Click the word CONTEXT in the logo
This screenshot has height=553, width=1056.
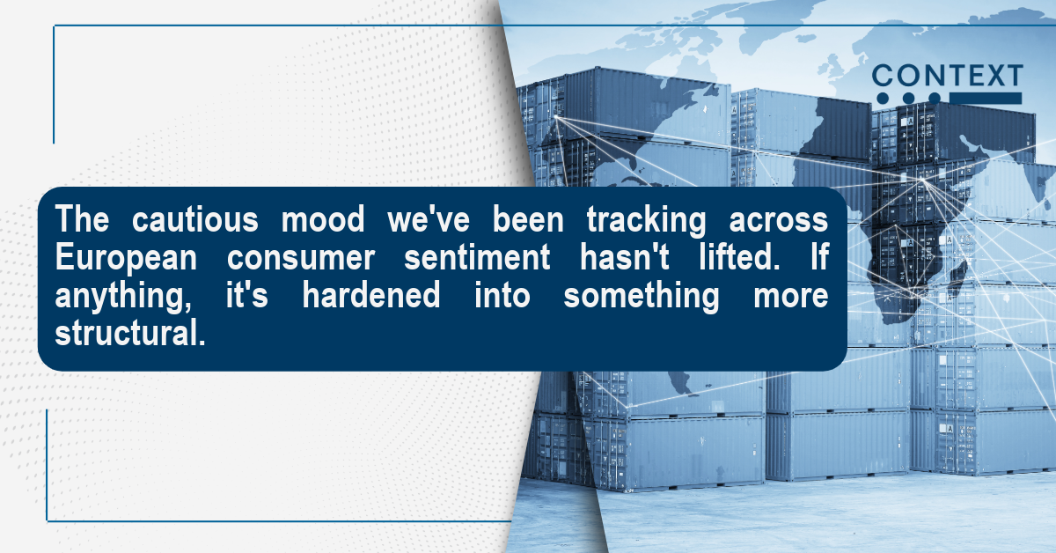947,76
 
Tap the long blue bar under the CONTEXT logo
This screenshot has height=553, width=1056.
986,98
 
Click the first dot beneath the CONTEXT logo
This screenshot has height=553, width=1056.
883,99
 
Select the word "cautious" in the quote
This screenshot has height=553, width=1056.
194,219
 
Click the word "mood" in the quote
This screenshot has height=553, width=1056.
323,219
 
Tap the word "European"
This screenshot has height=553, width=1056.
126,259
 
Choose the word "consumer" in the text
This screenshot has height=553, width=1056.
301,259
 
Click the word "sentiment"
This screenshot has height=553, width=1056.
477,257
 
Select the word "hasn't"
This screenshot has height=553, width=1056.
624,257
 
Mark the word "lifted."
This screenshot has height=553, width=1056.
739,257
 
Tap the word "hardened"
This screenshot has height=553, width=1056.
371,295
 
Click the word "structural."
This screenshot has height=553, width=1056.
130,333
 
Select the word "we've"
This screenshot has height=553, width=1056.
429,219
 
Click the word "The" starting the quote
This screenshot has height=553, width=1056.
82,219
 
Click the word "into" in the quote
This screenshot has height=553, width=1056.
502,295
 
